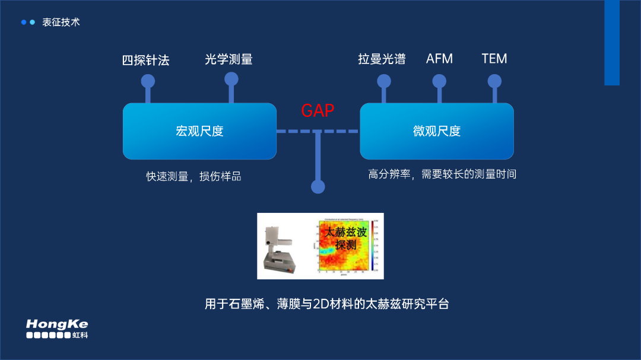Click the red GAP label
(318, 110)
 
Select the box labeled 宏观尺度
(199, 131)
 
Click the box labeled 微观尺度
(437, 131)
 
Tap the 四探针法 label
(146, 60)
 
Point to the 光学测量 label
(229, 59)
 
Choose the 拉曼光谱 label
(382, 59)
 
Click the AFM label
(439, 59)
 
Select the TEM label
(494, 59)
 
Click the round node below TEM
(494, 81)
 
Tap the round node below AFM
(439, 81)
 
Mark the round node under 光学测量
(231, 79)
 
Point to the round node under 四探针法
(148, 81)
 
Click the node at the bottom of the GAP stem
(318, 187)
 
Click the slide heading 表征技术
(61, 22)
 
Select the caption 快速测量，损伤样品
(194, 176)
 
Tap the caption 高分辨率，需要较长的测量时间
(442, 174)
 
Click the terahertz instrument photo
(281, 246)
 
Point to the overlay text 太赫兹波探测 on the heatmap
(345, 238)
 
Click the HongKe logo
(57, 329)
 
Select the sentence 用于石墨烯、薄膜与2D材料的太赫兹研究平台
(326, 304)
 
